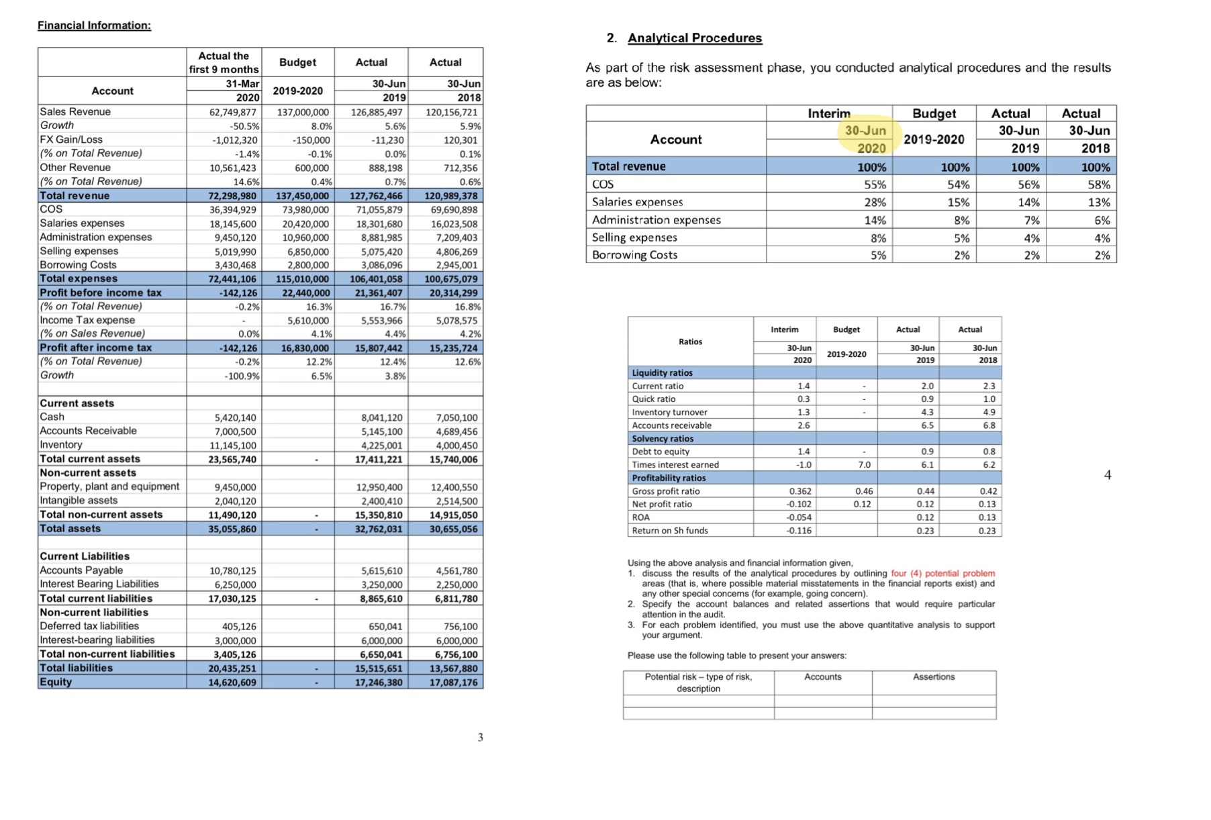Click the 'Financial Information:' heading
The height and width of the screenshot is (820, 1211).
click(94, 25)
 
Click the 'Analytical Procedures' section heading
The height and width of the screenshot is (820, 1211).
click(695, 38)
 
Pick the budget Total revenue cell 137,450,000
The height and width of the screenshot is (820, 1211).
click(303, 196)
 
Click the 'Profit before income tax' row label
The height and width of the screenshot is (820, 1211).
click(101, 293)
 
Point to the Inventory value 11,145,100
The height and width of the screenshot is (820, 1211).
click(232, 446)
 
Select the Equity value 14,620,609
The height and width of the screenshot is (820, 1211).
click(232, 682)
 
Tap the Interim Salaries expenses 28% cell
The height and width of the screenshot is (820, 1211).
click(872, 203)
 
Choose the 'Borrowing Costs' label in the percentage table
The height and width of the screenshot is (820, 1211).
click(634, 255)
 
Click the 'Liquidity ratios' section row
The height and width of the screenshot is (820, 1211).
click(662, 373)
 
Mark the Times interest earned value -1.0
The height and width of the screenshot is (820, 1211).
click(804, 465)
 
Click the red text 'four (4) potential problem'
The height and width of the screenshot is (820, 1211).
click(942, 574)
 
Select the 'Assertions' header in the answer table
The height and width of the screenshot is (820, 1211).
click(933, 677)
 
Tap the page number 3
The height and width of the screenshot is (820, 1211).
click(480, 737)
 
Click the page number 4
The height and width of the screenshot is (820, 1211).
click(1107, 475)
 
